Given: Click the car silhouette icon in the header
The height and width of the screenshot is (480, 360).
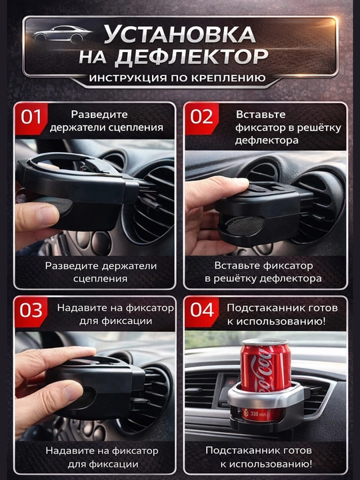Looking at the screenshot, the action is click(61, 33).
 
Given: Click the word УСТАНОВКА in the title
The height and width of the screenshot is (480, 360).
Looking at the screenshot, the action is click(180, 34).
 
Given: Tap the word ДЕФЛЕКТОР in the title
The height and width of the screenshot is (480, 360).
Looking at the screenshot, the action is click(191, 57).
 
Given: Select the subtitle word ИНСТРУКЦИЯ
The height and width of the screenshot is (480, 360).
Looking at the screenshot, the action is click(127, 78).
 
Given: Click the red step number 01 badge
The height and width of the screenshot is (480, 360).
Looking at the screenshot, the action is click(31, 118).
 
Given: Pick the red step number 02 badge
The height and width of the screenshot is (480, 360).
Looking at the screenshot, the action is click(201, 118).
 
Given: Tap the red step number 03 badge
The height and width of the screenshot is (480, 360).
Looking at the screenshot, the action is click(31, 311).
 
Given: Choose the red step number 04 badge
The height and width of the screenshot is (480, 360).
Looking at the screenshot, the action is click(201, 311).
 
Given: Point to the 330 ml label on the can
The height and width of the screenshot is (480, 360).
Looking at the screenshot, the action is click(258, 414).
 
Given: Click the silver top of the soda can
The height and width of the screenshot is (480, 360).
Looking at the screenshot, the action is click(265, 342).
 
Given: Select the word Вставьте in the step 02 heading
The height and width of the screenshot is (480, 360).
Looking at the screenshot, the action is click(261, 115).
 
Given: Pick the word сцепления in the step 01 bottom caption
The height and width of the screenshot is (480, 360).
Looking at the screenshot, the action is click(101, 279).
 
